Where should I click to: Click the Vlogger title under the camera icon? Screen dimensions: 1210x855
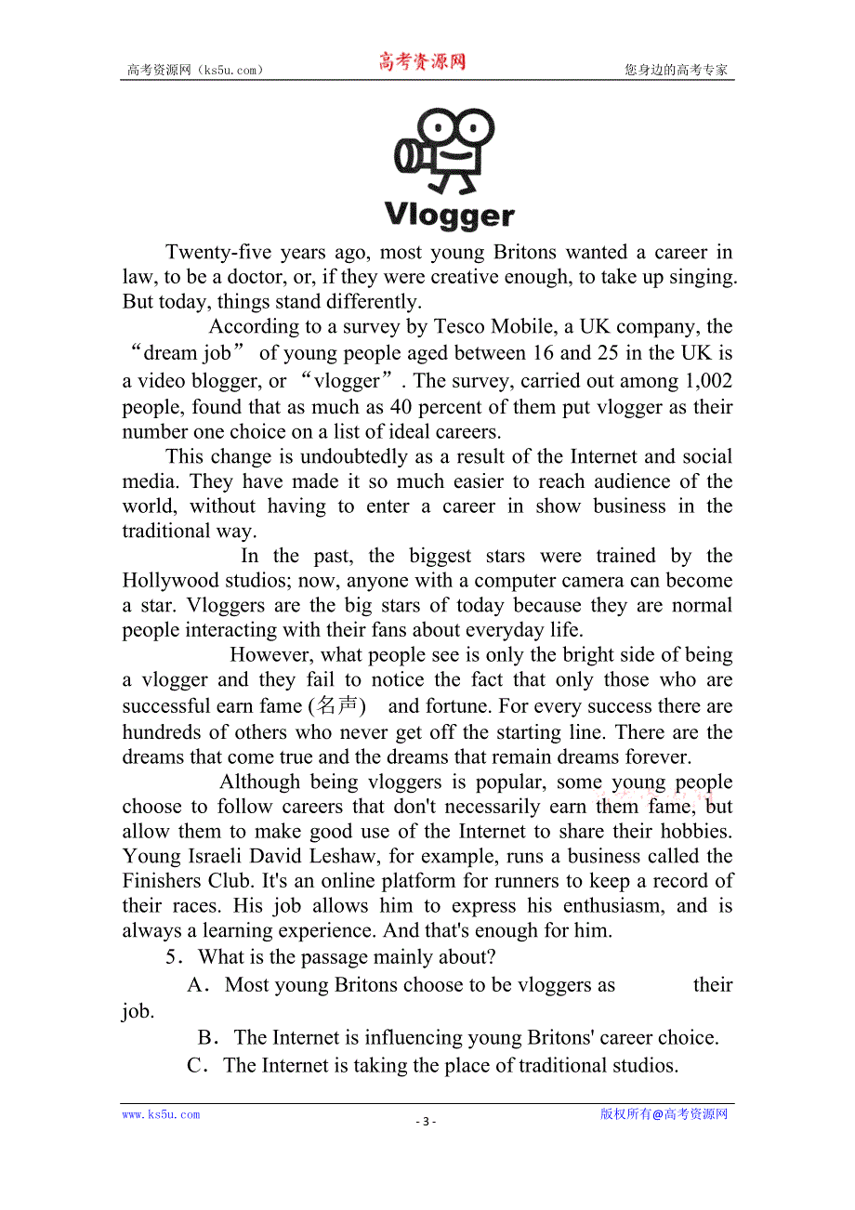point(449,217)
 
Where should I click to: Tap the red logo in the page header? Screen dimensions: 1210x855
point(422,62)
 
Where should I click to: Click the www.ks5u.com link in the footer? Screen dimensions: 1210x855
point(161,1114)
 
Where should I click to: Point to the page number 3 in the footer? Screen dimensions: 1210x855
point(426,1121)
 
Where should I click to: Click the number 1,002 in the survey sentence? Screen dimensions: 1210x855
point(708,381)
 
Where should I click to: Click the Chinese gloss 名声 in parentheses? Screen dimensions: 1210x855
point(336,705)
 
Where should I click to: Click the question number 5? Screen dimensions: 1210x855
point(172,957)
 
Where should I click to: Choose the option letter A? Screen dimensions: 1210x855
point(195,985)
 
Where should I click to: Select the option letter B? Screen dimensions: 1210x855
point(206,1038)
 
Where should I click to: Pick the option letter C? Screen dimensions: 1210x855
point(195,1065)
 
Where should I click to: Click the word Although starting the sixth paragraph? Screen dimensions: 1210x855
point(260,782)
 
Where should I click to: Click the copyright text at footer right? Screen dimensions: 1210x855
point(664,1114)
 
